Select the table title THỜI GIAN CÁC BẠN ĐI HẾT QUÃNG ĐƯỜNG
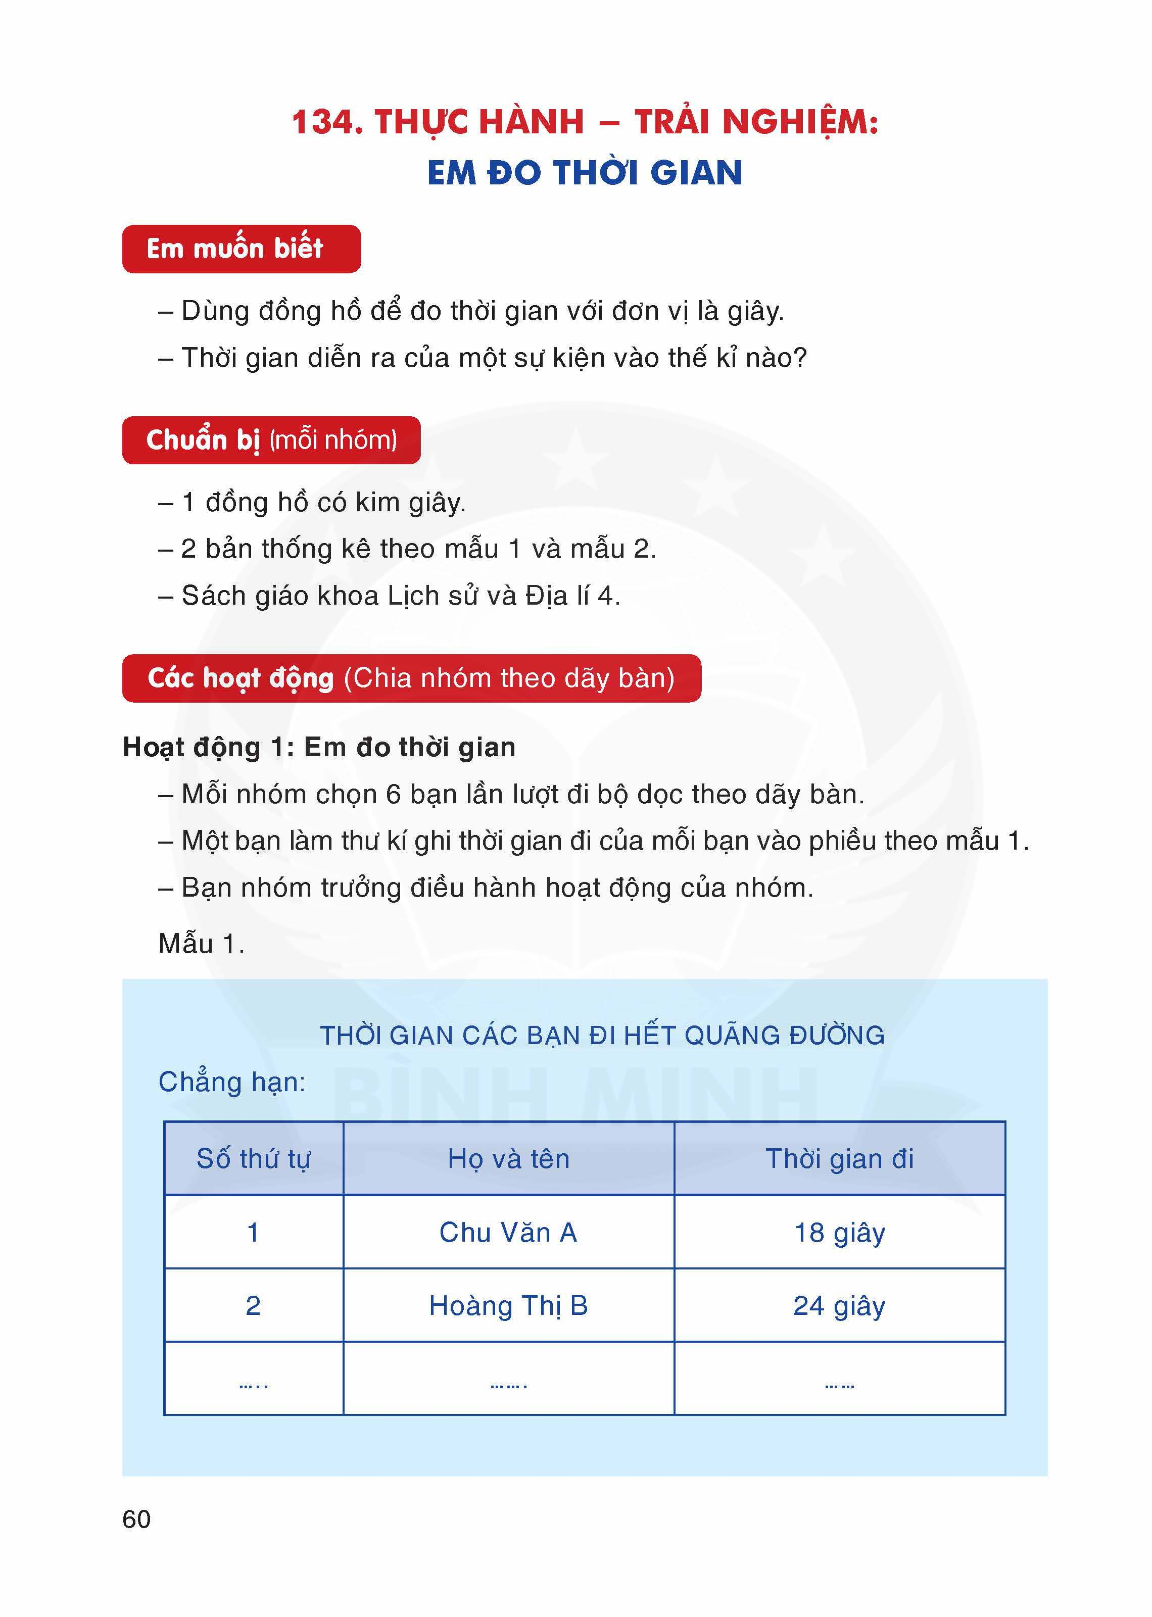click(x=602, y=1036)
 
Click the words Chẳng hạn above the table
click(x=231, y=1082)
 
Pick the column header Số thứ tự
click(x=253, y=1159)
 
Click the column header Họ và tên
click(x=509, y=1159)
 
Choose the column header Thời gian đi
click(x=839, y=1159)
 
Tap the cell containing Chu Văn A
click(x=509, y=1233)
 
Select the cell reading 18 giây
click(x=839, y=1233)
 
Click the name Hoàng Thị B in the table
click(x=509, y=1306)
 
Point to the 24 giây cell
click(x=839, y=1306)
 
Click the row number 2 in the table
click(x=253, y=1306)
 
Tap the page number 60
click(x=136, y=1519)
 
